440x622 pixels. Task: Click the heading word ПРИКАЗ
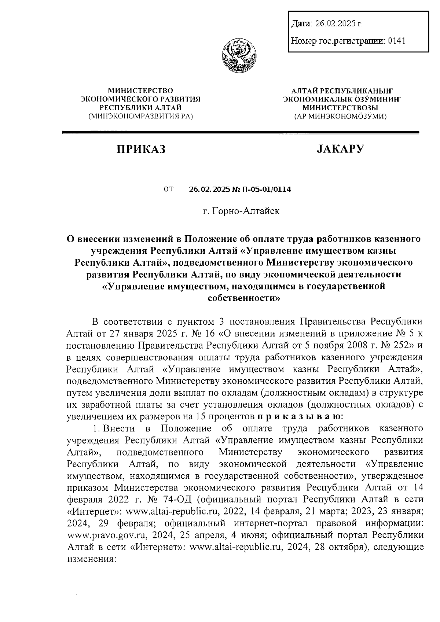click(141, 149)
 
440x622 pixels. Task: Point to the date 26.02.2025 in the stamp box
click(336, 24)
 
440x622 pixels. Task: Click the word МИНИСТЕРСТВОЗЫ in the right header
click(340, 108)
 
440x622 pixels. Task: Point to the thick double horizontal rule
click(241, 132)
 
